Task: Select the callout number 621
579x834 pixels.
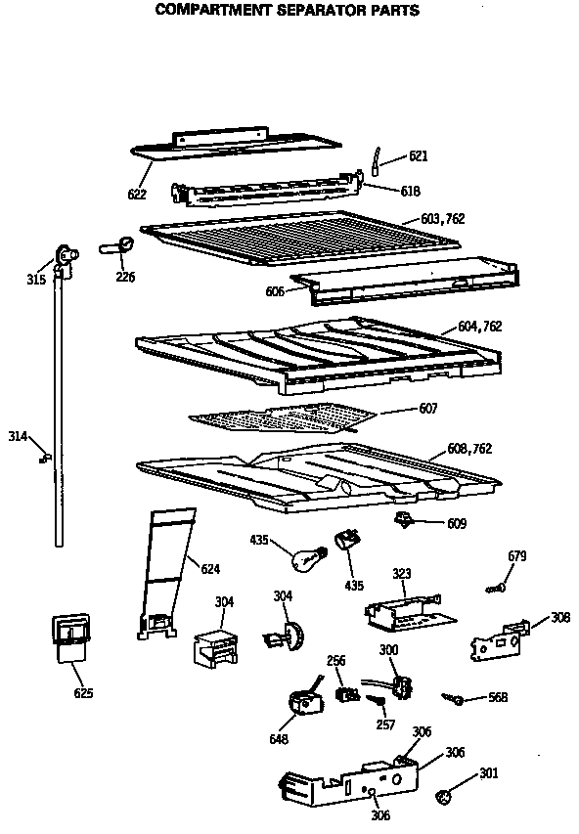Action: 419,156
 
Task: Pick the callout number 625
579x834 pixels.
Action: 84,693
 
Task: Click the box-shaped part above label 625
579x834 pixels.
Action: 68,634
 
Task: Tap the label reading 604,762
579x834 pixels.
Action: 479,327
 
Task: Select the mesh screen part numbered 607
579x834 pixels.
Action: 284,417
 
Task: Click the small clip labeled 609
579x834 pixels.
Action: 402,518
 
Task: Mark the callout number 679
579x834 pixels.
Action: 517,556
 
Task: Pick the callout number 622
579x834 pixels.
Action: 137,195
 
